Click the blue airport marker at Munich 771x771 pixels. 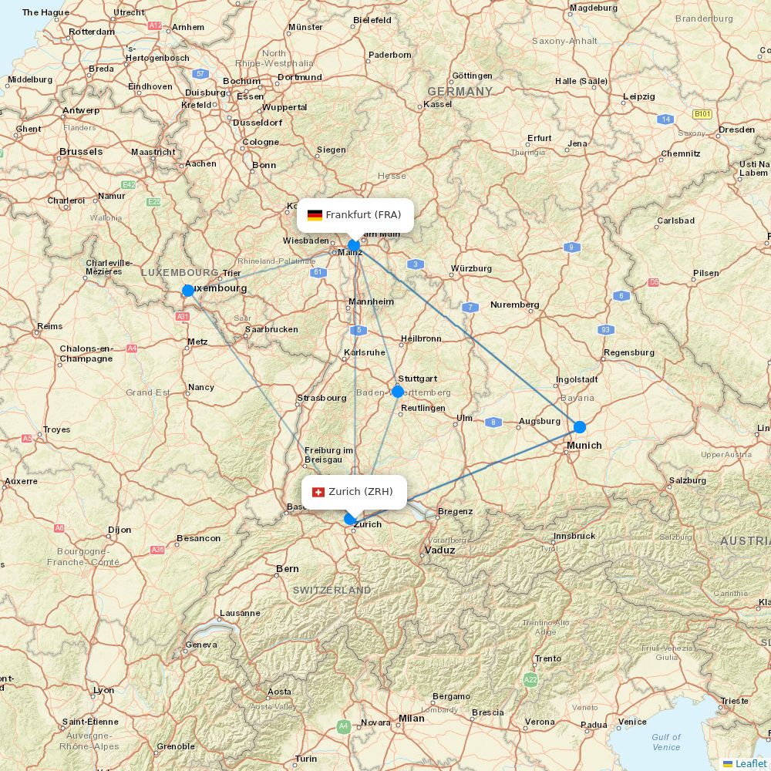point(579,426)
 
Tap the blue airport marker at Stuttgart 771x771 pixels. point(398,392)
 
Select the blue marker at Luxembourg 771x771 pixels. point(188,291)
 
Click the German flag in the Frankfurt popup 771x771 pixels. point(315,215)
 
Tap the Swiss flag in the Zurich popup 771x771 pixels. point(318,492)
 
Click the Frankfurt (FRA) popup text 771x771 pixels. point(363,214)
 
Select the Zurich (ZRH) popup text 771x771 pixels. point(361,491)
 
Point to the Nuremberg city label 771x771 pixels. point(514,305)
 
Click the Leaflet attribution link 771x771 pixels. point(750,763)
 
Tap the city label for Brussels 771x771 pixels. point(81,152)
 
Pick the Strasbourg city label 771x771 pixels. point(322,398)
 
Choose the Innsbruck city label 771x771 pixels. point(574,536)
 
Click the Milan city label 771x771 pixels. point(411,718)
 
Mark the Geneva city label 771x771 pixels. point(201,645)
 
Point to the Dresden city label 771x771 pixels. point(736,130)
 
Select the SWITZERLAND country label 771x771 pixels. point(332,590)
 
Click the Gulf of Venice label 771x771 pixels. point(666,742)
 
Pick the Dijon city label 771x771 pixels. point(120,530)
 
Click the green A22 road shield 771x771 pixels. point(530,679)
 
